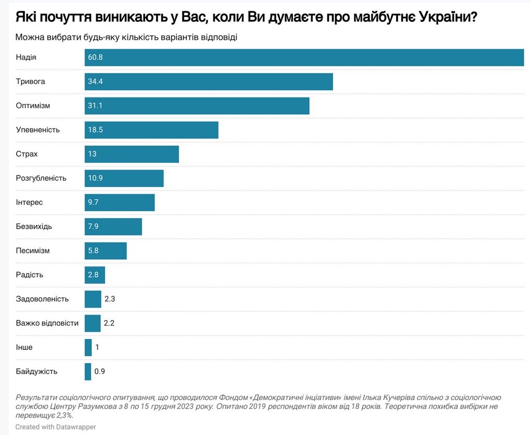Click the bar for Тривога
click(209, 82)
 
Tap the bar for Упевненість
click(151, 130)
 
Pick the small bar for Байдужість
click(88, 371)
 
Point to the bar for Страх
click(132, 154)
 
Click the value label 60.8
click(96, 57)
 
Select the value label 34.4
click(96, 82)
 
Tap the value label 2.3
click(110, 299)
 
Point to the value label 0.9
click(100, 371)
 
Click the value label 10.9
click(96, 178)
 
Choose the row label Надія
click(26, 57)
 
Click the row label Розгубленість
click(41, 178)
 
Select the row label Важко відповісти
click(47, 323)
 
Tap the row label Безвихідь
click(34, 227)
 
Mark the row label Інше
click(24, 347)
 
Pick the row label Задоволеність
click(42, 299)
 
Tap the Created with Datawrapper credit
click(55, 427)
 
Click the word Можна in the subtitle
click(29, 38)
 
